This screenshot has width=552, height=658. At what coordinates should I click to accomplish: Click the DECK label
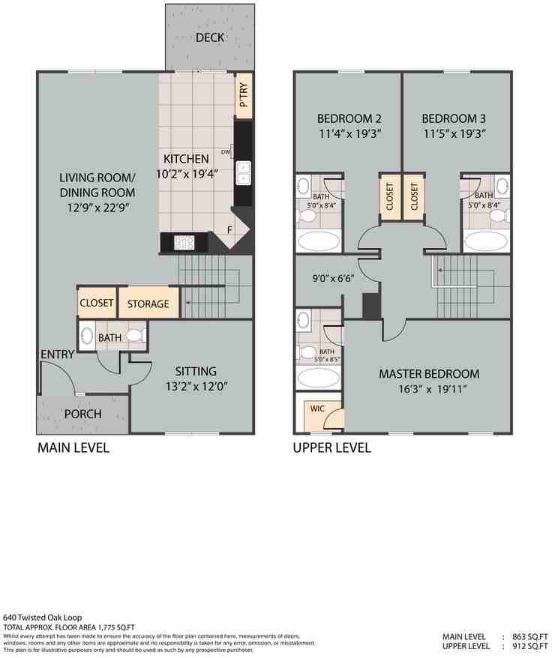[211, 38]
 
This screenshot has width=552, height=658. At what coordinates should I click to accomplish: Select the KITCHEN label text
[186, 159]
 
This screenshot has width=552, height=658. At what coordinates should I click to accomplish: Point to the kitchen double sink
[244, 172]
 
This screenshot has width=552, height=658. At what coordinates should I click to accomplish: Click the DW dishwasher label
[226, 152]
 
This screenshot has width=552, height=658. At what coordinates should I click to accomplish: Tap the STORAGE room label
[148, 304]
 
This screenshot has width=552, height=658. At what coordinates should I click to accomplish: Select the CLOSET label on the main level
[96, 304]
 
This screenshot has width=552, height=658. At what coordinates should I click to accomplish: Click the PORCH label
[82, 414]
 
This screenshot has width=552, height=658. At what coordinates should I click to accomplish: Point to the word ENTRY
[57, 354]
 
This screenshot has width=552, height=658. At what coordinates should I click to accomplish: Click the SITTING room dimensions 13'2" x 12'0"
[196, 387]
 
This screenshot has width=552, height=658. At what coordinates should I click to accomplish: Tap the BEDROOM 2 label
[349, 118]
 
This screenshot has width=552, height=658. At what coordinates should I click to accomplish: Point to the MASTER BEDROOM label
[429, 373]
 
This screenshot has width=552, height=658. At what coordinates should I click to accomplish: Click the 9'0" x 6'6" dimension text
[334, 277]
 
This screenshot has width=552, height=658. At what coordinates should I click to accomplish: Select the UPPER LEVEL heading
[331, 448]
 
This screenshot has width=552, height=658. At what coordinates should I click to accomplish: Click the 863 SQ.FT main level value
[529, 636]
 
